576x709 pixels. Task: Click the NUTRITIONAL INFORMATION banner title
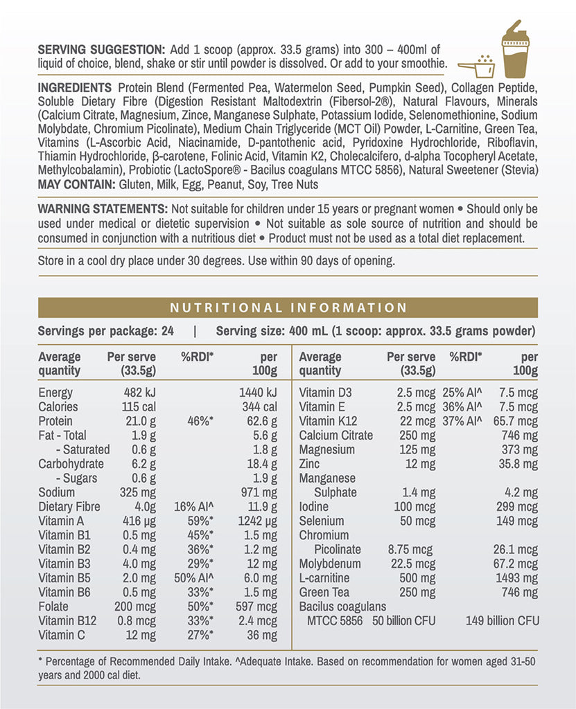pos(288,307)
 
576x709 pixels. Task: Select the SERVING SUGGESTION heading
pos(101,49)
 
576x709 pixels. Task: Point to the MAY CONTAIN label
pos(76,184)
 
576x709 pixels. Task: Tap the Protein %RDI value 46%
pos(200,421)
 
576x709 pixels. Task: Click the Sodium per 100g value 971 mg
pos(259,492)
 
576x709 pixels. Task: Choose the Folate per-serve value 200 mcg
pos(135,607)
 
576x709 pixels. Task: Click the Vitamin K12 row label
pos(330,421)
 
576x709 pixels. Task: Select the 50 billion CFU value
pos(404,620)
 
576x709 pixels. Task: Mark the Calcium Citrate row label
pos(336,436)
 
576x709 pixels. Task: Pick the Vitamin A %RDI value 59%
pos(200,521)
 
